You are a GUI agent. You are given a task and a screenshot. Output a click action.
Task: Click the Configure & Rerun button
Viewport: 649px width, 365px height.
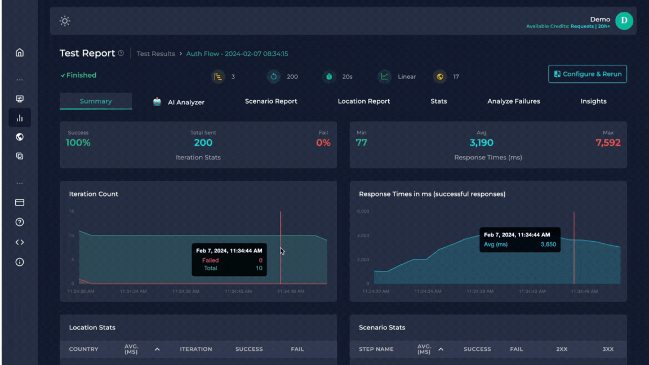[588, 74]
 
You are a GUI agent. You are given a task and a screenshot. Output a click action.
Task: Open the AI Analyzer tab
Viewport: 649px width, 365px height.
[179, 102]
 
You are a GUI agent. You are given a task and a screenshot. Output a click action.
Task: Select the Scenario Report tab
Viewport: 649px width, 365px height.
[271, 101]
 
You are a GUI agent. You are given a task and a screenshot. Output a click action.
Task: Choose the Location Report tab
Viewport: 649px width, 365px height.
[363, 101]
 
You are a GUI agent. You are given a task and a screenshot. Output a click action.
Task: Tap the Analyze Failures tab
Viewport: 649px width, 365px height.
[513, 101]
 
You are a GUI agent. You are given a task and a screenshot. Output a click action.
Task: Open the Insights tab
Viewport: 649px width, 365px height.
[593, 101]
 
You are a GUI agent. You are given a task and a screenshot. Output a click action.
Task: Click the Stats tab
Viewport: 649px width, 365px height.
[438, 101]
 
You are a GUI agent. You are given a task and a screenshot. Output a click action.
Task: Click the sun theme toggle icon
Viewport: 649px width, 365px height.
[65, 21]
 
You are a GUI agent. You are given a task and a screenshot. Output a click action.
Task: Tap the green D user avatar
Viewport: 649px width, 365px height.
[624, 21]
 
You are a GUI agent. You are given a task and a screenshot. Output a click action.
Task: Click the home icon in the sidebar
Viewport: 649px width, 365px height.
[20, 53]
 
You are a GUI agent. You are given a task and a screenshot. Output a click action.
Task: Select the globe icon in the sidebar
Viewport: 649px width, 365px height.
[20, 137]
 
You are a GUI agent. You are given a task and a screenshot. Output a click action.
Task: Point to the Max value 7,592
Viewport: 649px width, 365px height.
[608, 143]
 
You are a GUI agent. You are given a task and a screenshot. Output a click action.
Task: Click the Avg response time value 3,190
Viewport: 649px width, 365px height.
[481, 143]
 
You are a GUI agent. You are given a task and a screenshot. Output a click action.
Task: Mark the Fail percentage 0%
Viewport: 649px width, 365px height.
[323, 143]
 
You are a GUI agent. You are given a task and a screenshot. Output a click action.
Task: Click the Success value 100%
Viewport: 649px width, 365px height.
[78, 143]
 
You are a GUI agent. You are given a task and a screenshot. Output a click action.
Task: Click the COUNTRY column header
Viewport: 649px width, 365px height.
[83, 349]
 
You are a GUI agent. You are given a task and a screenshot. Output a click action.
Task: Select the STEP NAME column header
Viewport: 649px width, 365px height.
[376, 349]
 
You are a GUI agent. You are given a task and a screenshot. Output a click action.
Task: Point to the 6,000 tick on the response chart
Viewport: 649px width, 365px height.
[363, 211]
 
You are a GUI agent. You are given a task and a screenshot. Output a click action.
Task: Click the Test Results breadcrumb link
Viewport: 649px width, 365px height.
[155, 54]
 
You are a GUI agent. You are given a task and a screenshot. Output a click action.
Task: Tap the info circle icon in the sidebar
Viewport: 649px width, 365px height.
[20, 262]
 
